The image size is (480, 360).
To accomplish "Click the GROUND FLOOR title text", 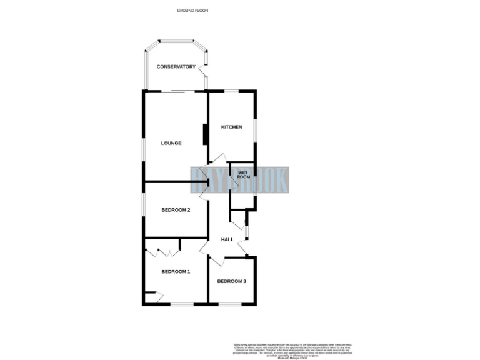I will (x=192, y=11).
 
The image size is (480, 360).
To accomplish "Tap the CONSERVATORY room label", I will (x=176, y=67).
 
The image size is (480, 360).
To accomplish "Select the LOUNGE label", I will (x=171, y=143).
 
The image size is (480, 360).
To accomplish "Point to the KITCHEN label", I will (x=231, y=127).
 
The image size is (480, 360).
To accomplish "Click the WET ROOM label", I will (x=243, y=174).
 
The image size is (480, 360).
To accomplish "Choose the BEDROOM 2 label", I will (x=176, y=210).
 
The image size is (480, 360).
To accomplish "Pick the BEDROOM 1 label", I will (x=176, y=271).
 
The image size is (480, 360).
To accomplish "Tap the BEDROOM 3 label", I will (x=231, y=281).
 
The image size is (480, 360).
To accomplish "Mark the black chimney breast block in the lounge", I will (x=204, y=136).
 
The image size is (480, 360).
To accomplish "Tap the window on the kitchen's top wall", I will (x=232, y=92).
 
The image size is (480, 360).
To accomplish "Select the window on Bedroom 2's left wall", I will (x=143, y=210).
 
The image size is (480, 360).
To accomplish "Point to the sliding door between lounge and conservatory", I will (x=182, y=92).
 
